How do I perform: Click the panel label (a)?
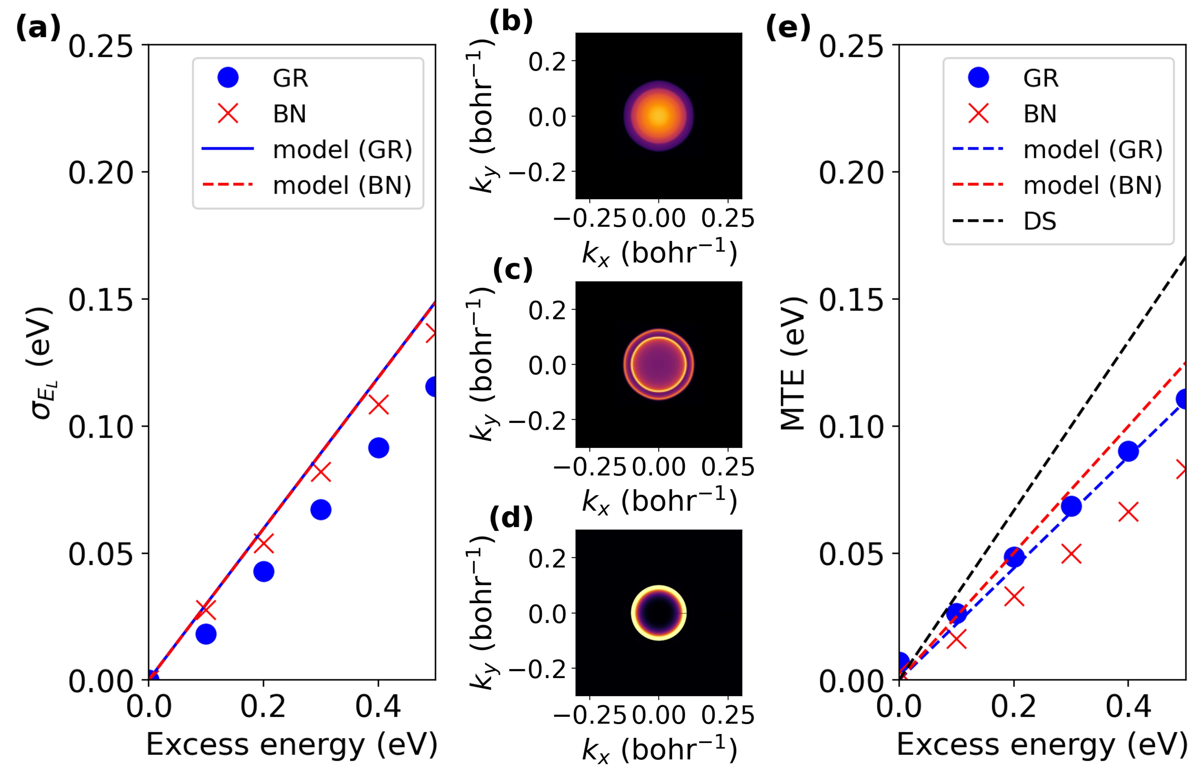[38, 28]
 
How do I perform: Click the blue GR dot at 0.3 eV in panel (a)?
[321, 510]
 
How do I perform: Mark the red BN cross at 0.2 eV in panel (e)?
[1014, 597]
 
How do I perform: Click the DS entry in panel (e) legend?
[1040, 221]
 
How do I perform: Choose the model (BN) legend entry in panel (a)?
[342, 185]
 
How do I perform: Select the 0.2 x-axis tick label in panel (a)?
[263, 706]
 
